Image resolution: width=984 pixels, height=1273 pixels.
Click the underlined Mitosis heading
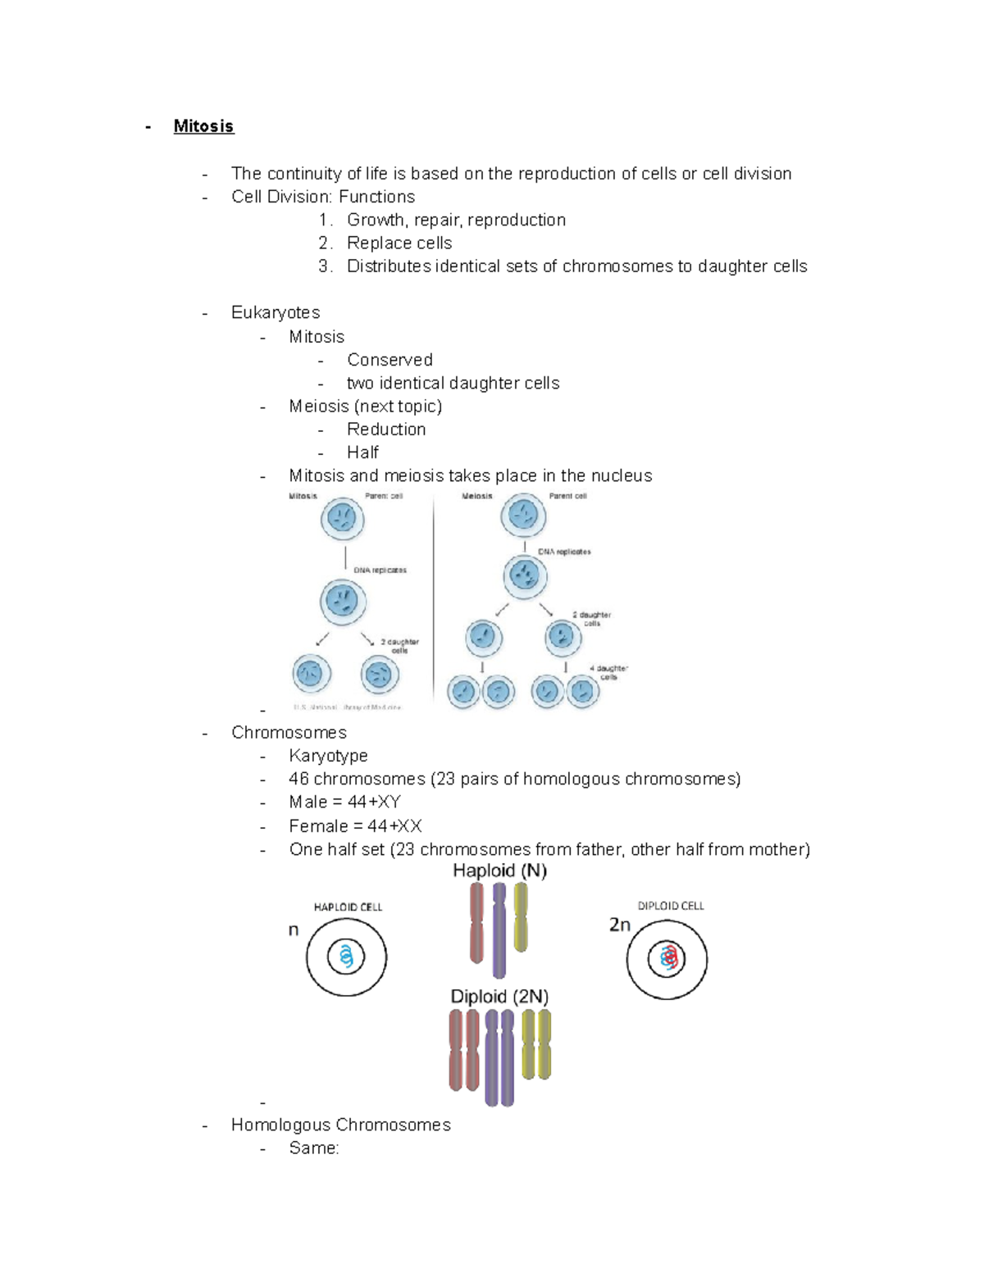click(203, 126)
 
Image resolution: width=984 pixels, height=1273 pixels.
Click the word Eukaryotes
click(276, 312)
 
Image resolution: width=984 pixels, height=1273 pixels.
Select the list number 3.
click(325, 266)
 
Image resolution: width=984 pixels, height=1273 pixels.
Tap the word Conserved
click(389, 360)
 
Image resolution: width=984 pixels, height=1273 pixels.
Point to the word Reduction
click(386, 430)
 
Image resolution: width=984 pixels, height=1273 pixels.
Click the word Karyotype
click(328, 756)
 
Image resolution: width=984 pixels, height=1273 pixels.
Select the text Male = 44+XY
click(344, 802)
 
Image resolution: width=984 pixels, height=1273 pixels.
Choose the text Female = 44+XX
click(355, 826)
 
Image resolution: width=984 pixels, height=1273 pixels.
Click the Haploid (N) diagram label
click(499, 871)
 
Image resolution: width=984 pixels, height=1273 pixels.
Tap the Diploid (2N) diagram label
click(499, 997)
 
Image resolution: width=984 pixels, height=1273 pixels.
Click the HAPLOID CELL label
click(348, 907)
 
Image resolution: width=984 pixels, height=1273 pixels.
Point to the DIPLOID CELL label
click(671, 906)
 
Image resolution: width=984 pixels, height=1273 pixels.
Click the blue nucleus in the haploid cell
click(346, 957)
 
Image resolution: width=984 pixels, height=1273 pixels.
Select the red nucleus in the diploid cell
click(667, 957)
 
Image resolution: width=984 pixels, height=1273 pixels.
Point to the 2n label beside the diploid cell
click(620, 925)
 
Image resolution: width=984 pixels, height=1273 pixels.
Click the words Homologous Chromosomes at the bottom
click(340, 1125)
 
